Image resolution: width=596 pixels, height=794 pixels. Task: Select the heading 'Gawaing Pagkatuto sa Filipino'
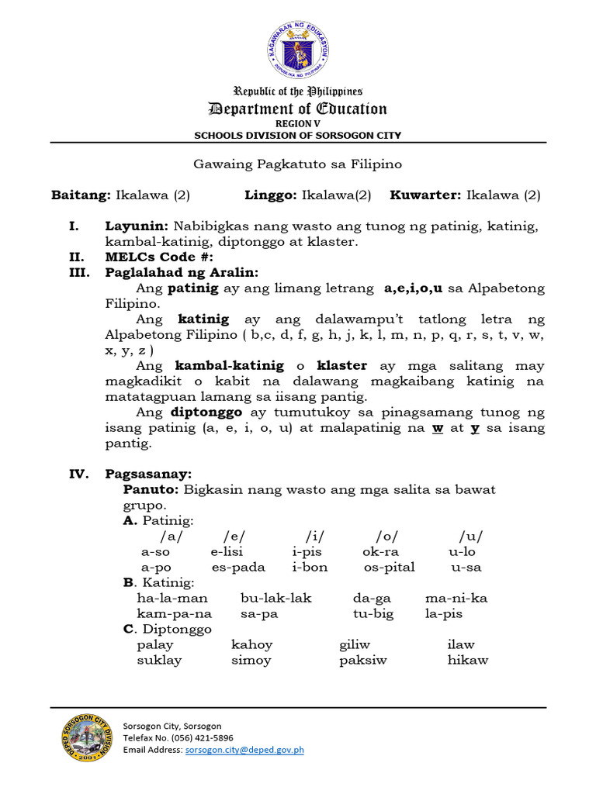point(297,164)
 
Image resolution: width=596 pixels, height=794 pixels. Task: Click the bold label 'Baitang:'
point(81,195)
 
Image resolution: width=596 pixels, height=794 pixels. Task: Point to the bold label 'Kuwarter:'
point(424,195)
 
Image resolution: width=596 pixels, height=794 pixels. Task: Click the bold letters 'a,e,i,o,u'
point(413,288)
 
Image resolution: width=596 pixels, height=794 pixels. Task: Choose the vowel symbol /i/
point(314,537)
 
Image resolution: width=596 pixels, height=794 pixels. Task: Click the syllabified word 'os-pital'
point(389,567)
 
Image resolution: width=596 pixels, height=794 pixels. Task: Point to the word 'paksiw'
point(362,660)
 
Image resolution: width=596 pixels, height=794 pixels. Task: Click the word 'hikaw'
point(467,660)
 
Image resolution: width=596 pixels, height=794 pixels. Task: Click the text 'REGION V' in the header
point(297,124)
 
